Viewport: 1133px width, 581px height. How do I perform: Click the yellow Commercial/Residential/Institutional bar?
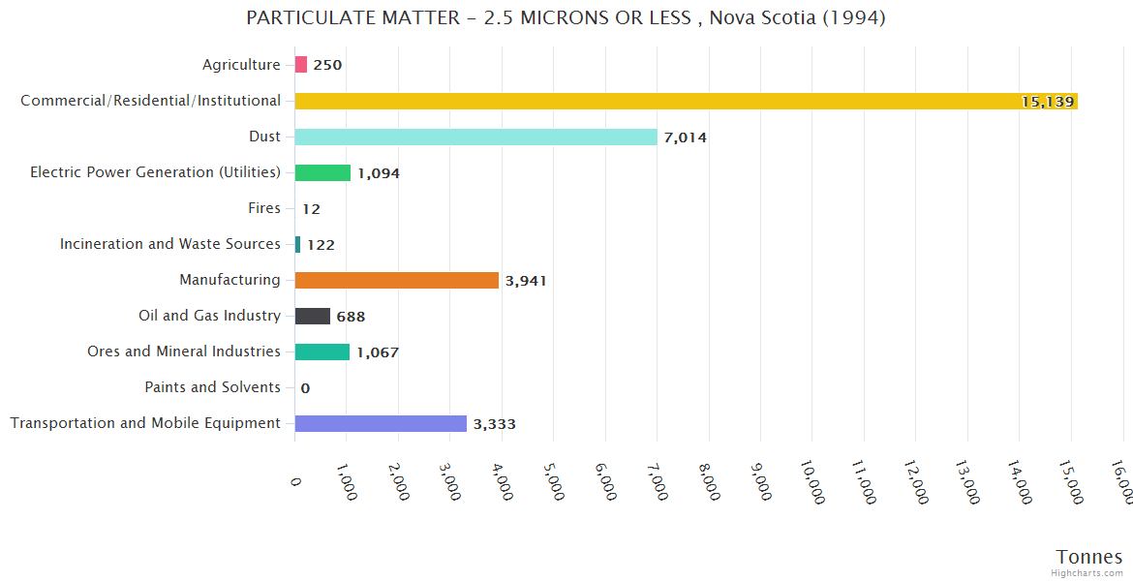pos(686,101)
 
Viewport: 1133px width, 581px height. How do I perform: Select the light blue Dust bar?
pos(475,137)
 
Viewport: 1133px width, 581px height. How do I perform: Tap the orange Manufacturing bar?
pos(396,280)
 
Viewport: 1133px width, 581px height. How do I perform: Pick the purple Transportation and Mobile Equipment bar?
pos(381,423)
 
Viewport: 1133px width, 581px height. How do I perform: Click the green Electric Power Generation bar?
pos(322,172)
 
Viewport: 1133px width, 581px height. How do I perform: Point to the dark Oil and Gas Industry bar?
pos(312,316)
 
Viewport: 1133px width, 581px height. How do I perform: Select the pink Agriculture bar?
pos(301,65)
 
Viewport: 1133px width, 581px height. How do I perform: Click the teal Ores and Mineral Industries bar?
pos(322,352)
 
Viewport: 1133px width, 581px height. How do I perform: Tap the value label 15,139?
pos(1048,102)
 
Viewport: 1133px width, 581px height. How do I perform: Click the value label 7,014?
pos(685,138)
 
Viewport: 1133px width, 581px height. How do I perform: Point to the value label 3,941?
pos(526,281)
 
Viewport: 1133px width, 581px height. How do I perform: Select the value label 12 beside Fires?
pos(311,209)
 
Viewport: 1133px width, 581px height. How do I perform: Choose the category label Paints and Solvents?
pos(212,387)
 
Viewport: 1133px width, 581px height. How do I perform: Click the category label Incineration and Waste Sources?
pos(169,244)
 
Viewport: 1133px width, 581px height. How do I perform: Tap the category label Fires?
pos(264,208)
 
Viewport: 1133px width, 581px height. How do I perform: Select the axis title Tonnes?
pos(1088,557)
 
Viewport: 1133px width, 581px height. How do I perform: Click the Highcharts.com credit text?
pos(1087,573)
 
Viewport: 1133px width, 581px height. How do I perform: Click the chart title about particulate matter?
pos(566,18)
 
